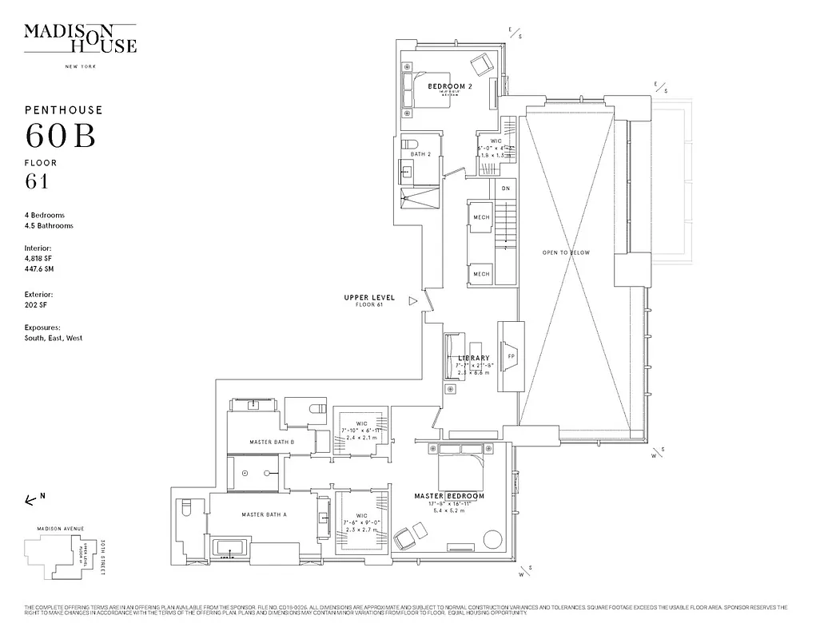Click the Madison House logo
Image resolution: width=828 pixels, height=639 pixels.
[x=80, y=38]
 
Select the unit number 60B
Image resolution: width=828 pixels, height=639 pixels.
[x=61, y=137]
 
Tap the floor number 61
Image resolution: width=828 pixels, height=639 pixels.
[x=37, y=181]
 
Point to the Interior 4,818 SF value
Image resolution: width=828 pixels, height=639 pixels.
[x=40, y=258]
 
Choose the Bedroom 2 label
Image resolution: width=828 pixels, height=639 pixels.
[x=450, y=85]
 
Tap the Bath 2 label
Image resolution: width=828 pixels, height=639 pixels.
[x=420, y=154]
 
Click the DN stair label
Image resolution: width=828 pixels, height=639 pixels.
[x=505, y=189]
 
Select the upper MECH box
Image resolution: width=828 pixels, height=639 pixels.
[x=481, y=217]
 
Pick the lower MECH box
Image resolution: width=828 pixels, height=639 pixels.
[x=481, y=274]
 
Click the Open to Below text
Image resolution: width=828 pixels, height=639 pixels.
[x=566, y=252]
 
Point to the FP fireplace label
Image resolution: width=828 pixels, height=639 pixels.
[x=509, y=355]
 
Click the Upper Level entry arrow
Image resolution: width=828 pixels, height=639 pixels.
[x=412, y=301]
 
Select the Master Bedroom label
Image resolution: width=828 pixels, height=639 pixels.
[x=449, y=496]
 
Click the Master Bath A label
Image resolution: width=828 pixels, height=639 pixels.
[x=264, y=515]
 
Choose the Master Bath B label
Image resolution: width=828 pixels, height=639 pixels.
[x=272, y=442]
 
